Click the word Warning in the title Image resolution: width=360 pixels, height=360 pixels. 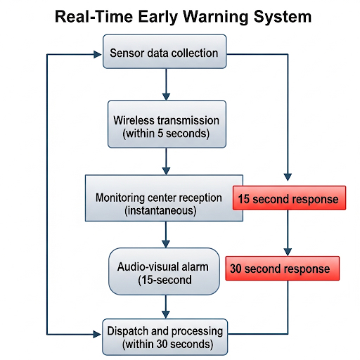[x=215, y=17]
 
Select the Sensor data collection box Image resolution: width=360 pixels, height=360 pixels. [x=165, y=51]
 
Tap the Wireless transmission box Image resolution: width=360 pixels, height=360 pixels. [x=167, y=124]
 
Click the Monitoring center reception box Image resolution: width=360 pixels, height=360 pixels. [x=164, y=198]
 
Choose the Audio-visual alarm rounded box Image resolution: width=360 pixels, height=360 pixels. [x=164, y=271]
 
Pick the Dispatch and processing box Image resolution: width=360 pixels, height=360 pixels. [x=165, y=337]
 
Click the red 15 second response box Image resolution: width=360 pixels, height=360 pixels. [x=289, y=198]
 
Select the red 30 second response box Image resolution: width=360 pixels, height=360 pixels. [x=283, y=269]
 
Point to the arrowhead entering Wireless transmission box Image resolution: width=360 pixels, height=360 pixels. [x=166, y=96]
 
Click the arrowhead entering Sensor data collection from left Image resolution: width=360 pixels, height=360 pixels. [x=98, y=54]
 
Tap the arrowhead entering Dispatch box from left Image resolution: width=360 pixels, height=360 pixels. [x=97, y=334]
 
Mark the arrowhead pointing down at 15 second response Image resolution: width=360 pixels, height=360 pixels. [x=288, y=177]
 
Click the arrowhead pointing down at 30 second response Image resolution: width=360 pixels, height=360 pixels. [x=288, y=252]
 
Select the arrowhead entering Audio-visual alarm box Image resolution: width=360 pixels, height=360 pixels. [x=166, y=244]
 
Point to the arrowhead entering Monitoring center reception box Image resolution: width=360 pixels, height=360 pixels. [x=166, y=171]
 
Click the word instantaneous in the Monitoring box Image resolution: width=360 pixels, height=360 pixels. [x=160, y=210]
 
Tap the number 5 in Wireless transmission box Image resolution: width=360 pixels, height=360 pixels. [x=160, y=134]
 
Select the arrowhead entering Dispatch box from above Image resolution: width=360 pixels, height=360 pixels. [x=166, y=315]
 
